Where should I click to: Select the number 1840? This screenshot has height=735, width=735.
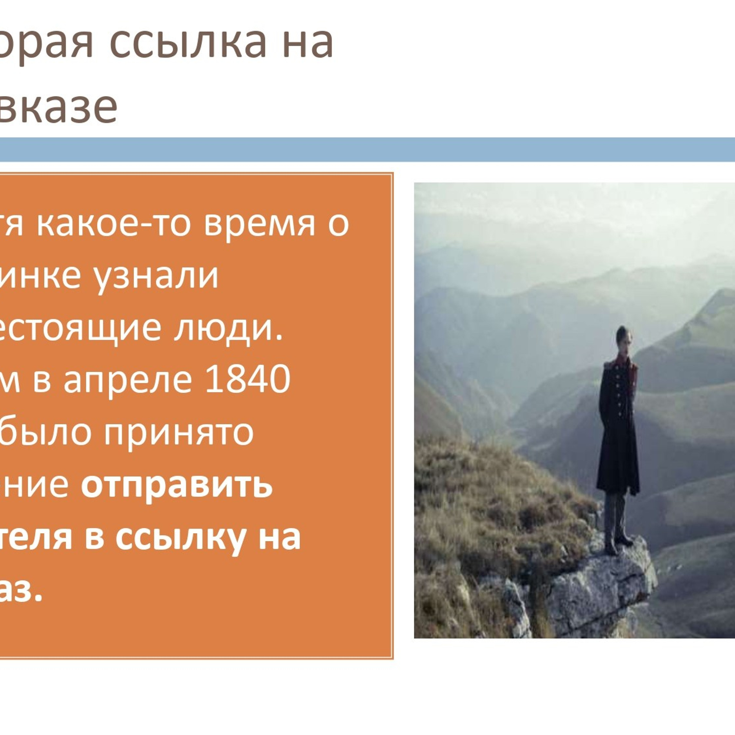point(247,379)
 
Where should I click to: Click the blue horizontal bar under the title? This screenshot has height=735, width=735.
point(367,149)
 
